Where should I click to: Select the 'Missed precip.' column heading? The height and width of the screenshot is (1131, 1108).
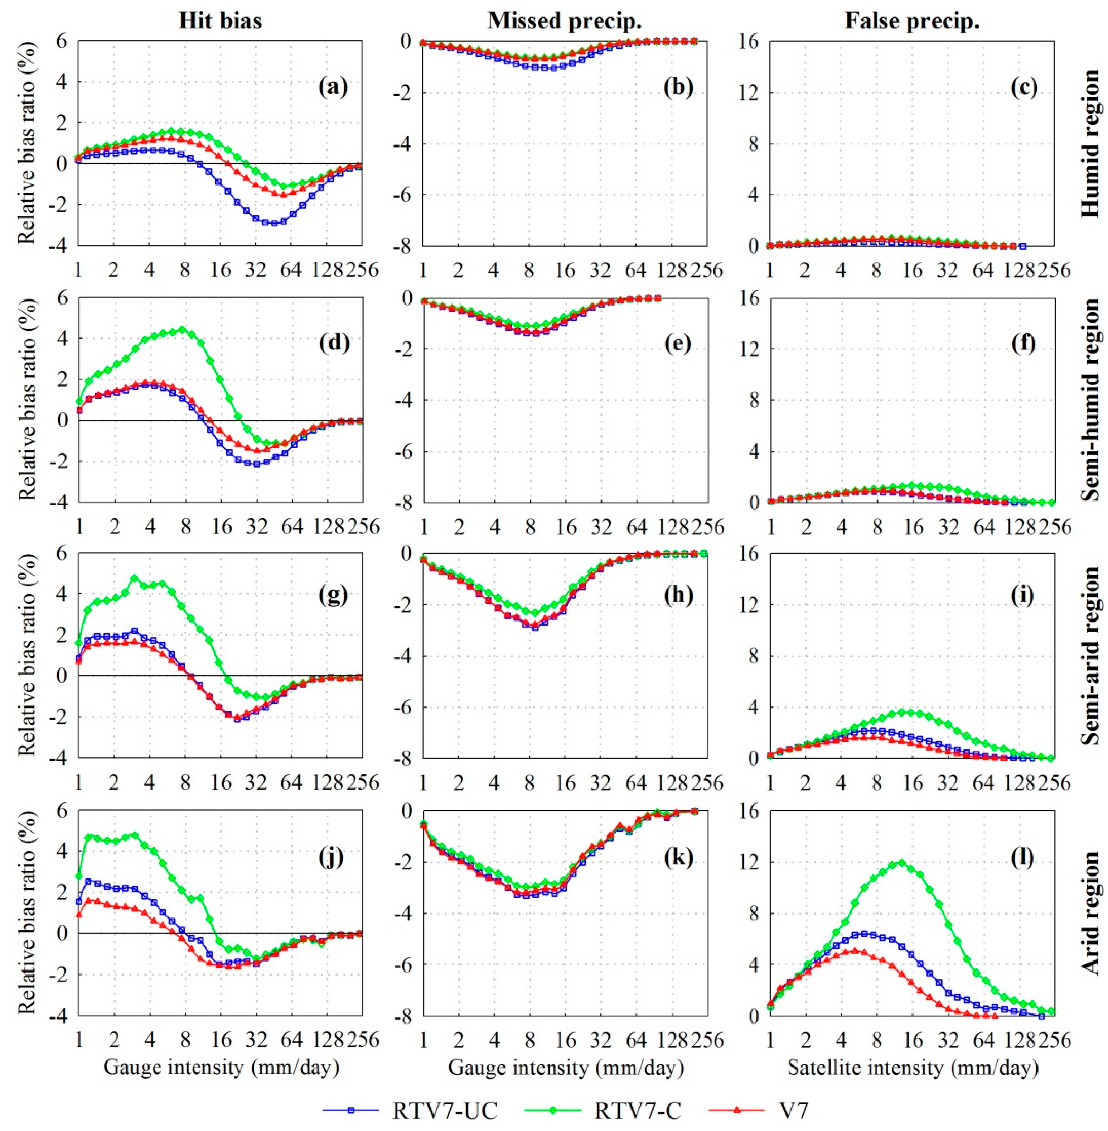tap(565, 21)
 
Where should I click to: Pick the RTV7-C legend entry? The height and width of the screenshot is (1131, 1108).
tap(637, 1094)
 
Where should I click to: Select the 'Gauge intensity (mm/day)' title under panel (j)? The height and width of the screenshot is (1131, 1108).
tap(221, 1051)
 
